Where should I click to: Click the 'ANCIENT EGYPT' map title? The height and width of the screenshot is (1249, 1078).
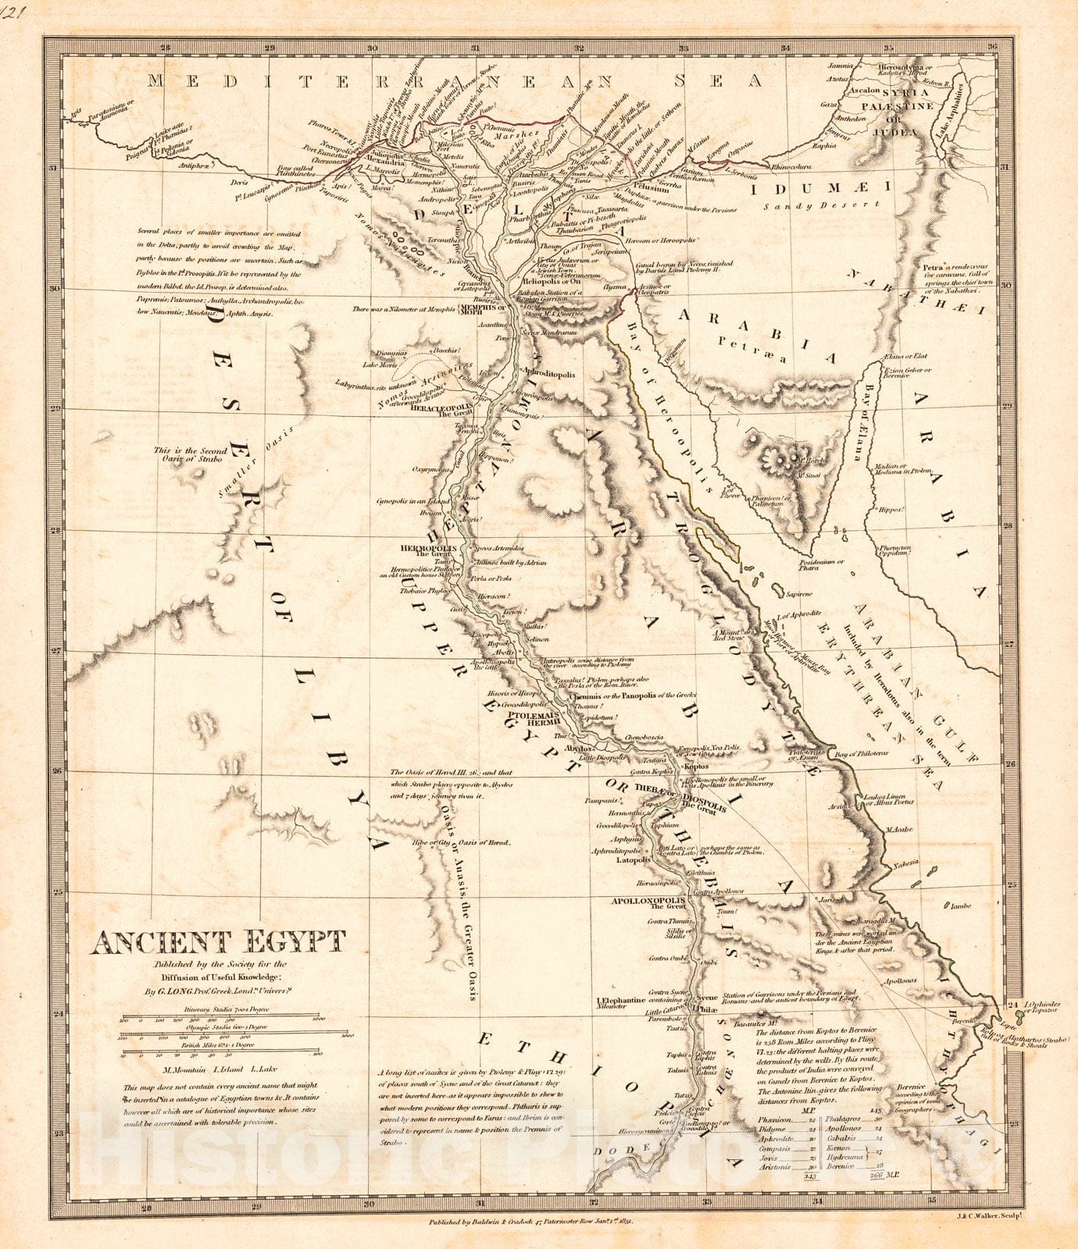click(218, 943)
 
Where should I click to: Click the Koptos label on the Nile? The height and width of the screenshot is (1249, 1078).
click(694, 767)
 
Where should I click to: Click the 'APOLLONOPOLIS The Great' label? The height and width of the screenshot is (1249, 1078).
click(648, 902)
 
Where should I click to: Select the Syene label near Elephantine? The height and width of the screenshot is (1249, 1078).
click(707, 998)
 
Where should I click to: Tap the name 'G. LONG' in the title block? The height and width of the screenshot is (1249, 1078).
click(174, 993)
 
